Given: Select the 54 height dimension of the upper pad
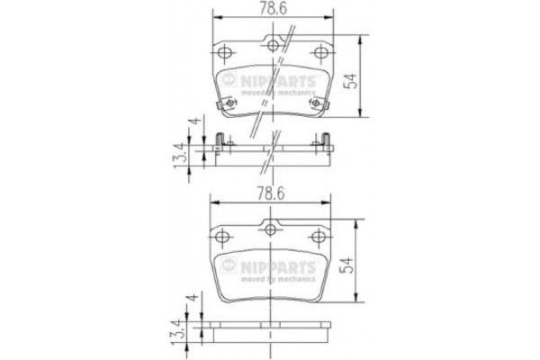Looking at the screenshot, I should coord(359,79).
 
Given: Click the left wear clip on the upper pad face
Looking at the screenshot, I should coord(228,106).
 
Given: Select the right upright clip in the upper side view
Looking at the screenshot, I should coord(326,139).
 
